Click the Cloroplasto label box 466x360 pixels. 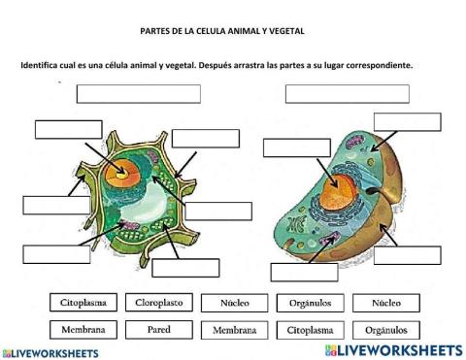tap(159, 302)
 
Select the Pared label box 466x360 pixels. tap(159, 329)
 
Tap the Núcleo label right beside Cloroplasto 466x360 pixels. tap(235, 302)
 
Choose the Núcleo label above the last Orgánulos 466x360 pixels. tap(386, 302)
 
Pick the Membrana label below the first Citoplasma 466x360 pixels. tap(83, 329)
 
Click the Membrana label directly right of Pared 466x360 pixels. tap(235, 329)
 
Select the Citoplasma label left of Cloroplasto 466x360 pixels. tap(83, 302)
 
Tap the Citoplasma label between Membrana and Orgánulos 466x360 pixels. tap(311, 329)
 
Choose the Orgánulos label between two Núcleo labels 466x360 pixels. tap(311, 302)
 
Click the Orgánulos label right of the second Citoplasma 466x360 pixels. tap(386, 329)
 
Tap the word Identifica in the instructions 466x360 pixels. tap(42, 66)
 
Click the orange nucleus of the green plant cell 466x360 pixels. tap(125, 174)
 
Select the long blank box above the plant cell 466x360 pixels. tap(138, 94)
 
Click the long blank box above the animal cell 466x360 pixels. tap(347, 94)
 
